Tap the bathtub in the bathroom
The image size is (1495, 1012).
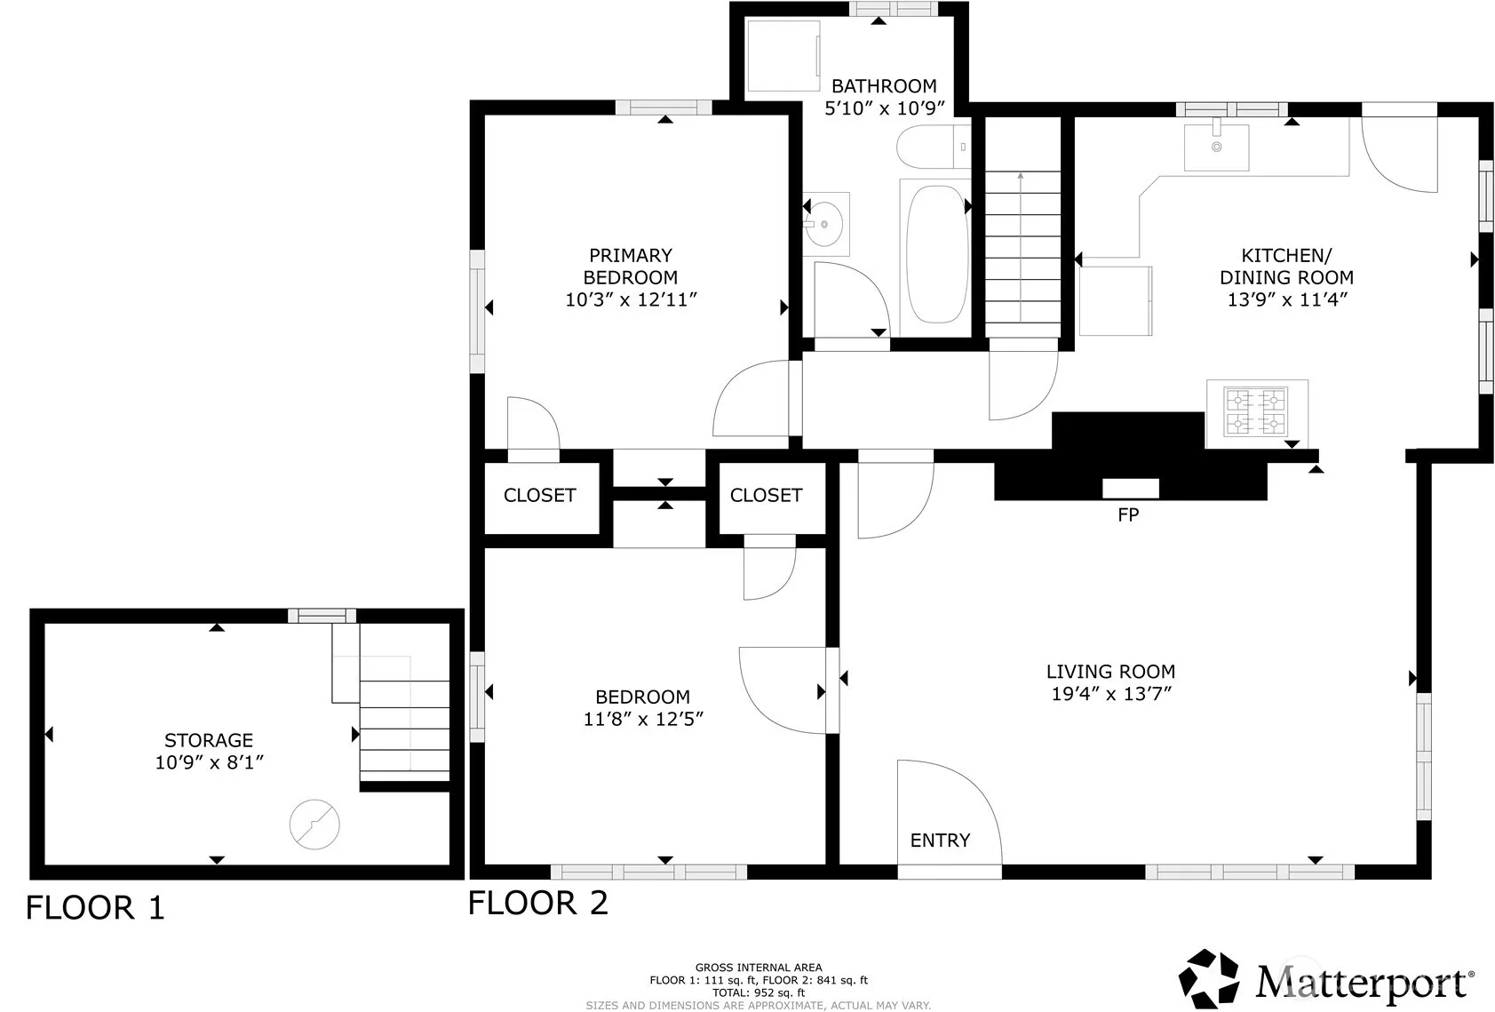coord(936,256)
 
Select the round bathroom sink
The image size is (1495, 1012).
coord(825,224)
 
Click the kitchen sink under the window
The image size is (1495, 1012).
coord(1217,147)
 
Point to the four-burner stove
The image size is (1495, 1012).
coord(1256,412)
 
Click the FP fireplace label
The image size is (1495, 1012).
coord(1128,514)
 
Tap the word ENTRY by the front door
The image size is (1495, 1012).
coord(940,840)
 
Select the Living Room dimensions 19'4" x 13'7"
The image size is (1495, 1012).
coord(1111,694)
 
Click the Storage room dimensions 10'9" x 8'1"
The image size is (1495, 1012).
coord(210,762)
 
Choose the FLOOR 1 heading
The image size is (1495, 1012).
coord(95,908)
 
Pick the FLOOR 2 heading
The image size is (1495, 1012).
coord(538,904)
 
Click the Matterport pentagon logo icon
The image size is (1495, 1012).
coord(1209,978)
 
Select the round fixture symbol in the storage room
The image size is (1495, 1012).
coord(314,825)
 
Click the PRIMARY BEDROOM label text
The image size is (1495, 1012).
coord(630,267)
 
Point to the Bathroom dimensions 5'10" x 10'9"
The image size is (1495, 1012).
coord(885,108)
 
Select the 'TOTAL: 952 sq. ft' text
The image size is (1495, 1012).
coord(759,992)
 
